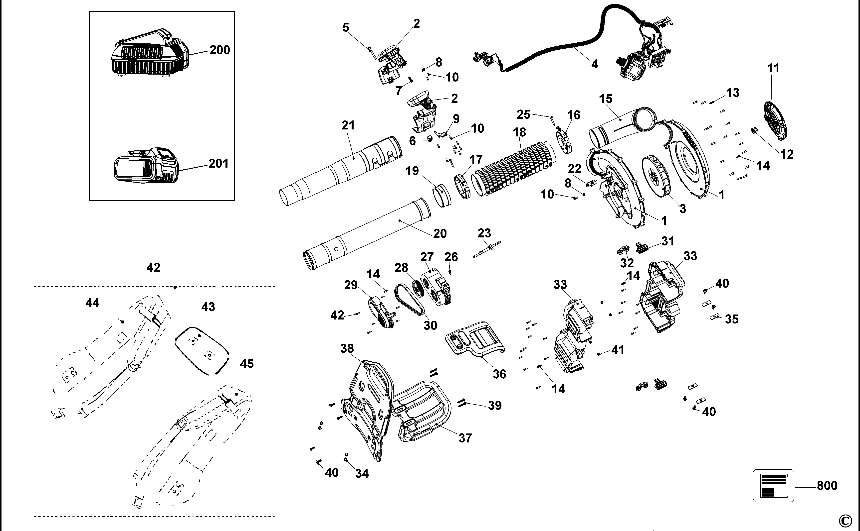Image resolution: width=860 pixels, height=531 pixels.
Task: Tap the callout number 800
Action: coord(827,486)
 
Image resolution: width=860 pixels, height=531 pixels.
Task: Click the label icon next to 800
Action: coord(773,485)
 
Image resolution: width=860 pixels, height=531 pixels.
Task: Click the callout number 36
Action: coord(499,374)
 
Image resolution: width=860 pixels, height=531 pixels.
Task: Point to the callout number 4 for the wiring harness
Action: coord(595,64)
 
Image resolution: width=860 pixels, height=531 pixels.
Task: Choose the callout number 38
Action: coord(347,348)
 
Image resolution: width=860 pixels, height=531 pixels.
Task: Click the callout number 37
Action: coord(465,438)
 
